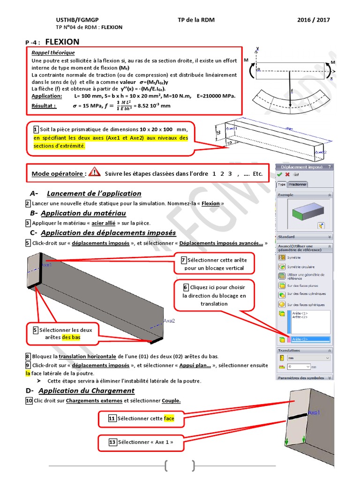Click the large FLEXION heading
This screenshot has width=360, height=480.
(62, 42)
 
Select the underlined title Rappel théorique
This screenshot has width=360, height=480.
(53, 53)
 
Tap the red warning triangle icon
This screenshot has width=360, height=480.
(94, 172)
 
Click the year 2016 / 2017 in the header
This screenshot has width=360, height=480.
(314, 20)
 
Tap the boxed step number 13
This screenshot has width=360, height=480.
(112, 442)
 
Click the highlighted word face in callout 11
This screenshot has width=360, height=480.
(169, 418)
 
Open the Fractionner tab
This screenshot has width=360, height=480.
(298, 184)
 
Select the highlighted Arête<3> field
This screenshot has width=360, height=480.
(310, 339)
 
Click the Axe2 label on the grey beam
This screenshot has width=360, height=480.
(169, 321)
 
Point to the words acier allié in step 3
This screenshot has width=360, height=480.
(104, 223)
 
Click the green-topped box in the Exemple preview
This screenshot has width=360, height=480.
(304, 210)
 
